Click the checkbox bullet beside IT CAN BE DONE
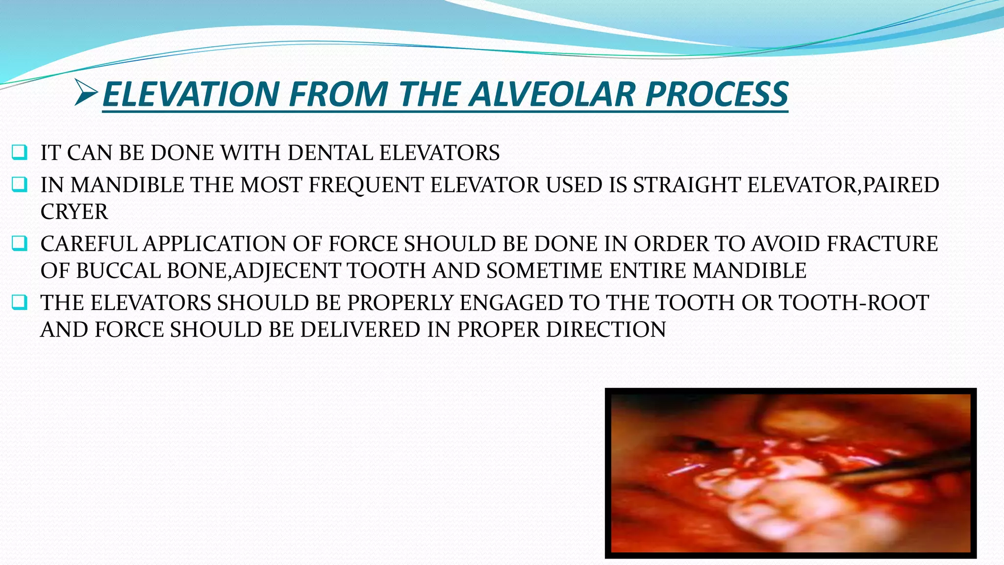[x=20, y=153]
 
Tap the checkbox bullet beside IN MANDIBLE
[x=20, y=185]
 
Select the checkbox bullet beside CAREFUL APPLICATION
[x=20, y=244]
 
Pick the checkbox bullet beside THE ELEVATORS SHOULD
[x=20, y=303]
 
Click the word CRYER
[x=74, y=212]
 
